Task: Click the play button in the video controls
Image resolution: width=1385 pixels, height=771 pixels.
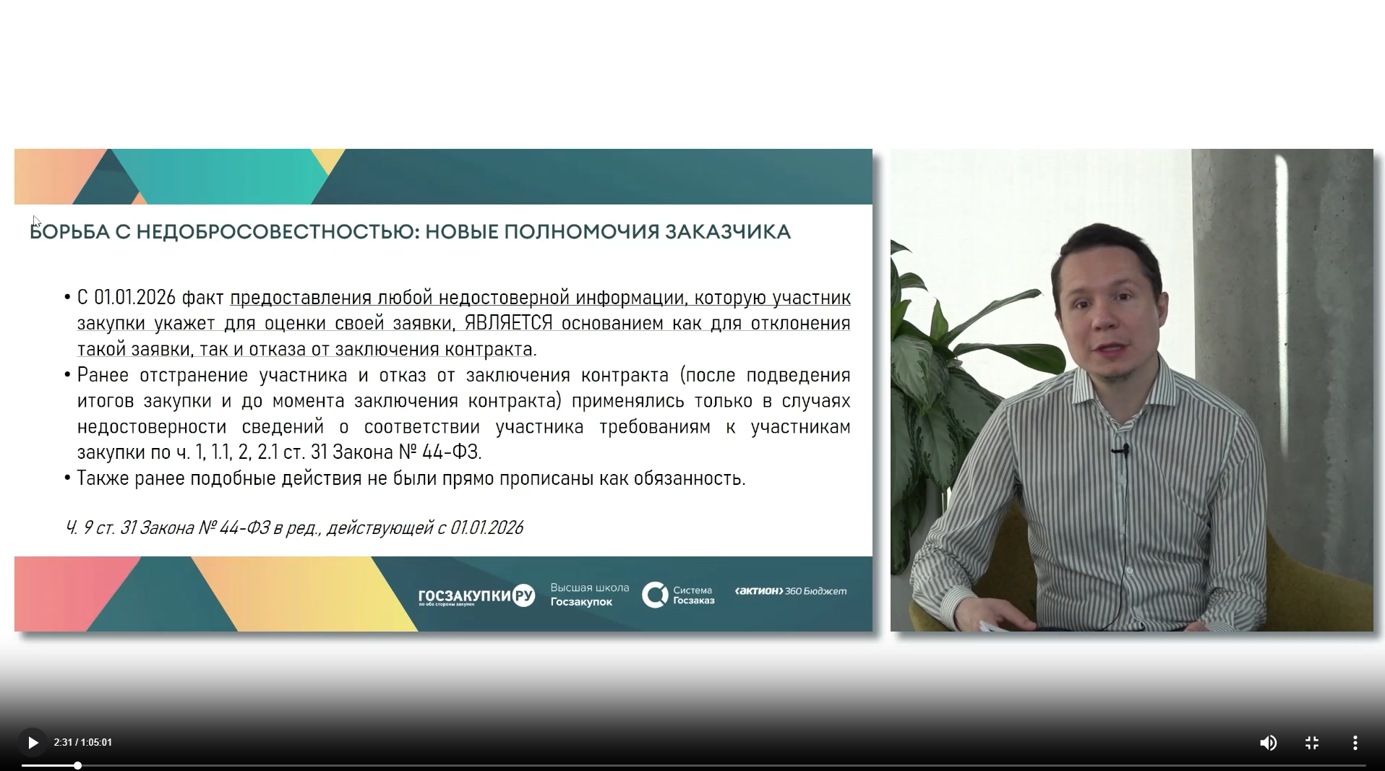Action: (33, 743)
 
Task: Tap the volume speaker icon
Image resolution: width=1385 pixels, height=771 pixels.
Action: (1268, 743)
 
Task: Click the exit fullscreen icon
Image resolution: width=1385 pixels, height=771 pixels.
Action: (1312, 743)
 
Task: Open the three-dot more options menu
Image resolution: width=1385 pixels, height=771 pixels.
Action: (1355, 743)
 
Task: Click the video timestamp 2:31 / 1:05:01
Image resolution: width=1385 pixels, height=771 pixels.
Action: (83, 743)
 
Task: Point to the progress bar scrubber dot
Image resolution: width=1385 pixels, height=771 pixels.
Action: (77, 765)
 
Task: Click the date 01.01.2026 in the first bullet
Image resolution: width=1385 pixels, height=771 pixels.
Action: (135, 298)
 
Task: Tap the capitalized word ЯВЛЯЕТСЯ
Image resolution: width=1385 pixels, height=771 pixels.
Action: (509, 323)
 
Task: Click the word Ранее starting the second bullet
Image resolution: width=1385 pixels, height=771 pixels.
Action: (103, 375)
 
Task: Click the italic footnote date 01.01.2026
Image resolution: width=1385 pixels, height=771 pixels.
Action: (486, 528)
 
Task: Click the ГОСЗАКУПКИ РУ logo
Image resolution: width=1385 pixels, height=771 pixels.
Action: (476, 595)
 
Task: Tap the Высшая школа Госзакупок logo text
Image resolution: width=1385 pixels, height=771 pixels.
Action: (590, 595)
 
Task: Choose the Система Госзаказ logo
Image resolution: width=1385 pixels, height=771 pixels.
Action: (678, 595)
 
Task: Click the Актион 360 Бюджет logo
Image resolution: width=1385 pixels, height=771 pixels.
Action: (791, 591)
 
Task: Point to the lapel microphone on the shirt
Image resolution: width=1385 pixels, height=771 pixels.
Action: (1123, 450)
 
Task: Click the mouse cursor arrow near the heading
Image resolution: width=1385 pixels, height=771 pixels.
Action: (37, 222)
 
